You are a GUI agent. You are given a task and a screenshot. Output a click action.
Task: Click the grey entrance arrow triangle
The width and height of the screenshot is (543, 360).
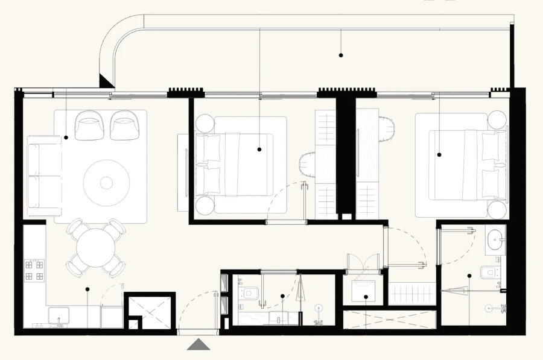pos(198,344)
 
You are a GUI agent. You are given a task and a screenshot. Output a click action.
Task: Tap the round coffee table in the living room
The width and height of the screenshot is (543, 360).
pos(107,182)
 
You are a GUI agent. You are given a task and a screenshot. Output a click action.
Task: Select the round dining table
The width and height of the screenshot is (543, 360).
pos(96,247)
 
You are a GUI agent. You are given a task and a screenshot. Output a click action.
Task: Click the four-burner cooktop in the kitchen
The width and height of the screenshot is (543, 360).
pos(34,270)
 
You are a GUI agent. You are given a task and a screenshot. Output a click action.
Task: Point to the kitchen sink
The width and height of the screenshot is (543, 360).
pos(59,316)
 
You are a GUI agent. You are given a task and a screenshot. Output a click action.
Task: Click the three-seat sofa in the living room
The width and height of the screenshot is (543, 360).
pos(44,175)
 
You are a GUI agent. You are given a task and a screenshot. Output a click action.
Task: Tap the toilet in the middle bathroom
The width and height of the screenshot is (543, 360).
pos(249,293)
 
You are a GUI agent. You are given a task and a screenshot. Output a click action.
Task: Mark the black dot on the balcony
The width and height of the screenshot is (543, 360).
pos(341,55)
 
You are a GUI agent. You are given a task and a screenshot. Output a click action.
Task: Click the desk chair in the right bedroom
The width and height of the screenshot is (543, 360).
pos(387,128)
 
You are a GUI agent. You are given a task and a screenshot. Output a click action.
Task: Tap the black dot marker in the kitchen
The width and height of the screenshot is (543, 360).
pos(87,289)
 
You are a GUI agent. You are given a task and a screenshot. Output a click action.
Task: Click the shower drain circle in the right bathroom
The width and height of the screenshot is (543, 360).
pos(490,308)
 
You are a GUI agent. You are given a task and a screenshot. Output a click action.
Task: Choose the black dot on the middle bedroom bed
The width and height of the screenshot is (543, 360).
pos(259,149)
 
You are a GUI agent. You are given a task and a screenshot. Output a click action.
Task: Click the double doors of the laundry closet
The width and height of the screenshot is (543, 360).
pos(361,262)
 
